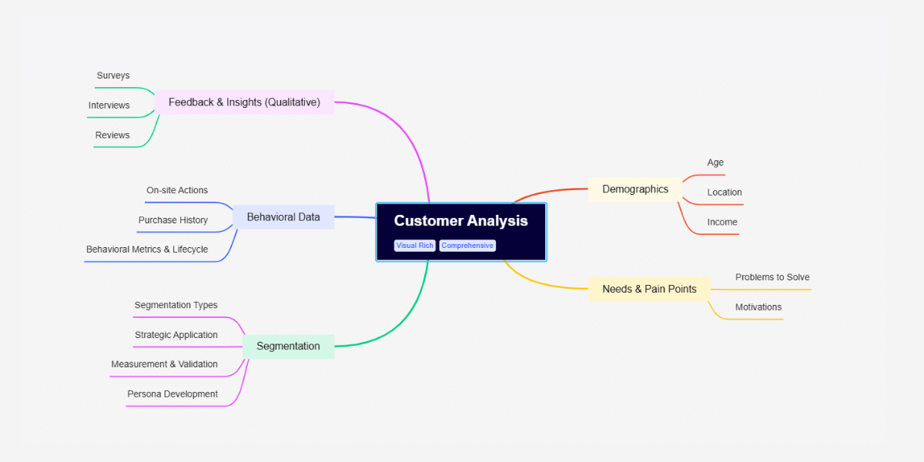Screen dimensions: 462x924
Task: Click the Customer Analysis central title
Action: click(x=460, y=221)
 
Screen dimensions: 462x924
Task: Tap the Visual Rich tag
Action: click(x=415, y=246)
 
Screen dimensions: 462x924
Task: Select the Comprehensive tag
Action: click(x=467, y=246)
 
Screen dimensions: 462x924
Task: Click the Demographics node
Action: click(x=635, y=189)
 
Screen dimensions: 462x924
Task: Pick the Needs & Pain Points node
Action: click(x=649, y=290)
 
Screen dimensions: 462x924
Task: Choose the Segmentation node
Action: click(x=288, y=346)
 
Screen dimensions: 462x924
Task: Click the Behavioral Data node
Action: click(x=283, y=217)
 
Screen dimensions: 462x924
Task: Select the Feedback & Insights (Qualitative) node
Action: click(x=244, y=102)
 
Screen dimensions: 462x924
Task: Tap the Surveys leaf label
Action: click(x=113, y=76)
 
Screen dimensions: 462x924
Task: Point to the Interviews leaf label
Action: click(x=109, y=105)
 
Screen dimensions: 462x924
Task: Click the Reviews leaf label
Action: click(x=112, y=136)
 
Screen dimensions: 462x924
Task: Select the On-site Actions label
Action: click(x=177, y=190)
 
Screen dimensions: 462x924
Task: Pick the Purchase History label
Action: click(x=173, y=220)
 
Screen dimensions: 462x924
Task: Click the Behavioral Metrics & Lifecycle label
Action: click(x=147, y=249)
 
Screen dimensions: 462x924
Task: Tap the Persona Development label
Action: click(x=172, y=394)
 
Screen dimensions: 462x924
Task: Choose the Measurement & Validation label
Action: click(x=164, y=364)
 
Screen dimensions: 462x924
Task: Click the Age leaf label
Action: click(x=715, y=163)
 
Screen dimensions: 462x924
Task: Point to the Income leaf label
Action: click(x=722, y=223)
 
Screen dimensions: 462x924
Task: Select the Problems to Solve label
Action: click(x=772, y=277)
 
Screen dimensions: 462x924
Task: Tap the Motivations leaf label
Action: click(x=758, y=307)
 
